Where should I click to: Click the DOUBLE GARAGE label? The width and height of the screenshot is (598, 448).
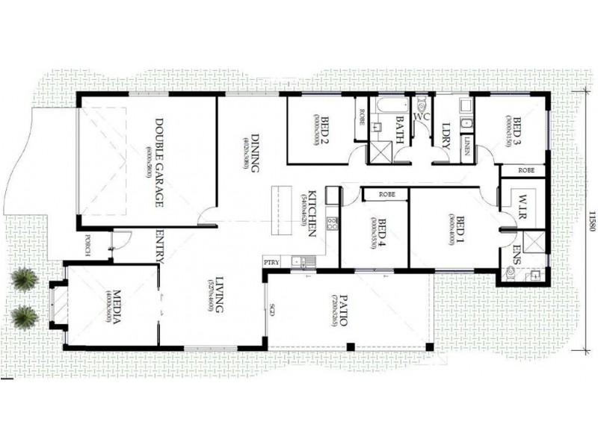pyautogui.click(x=159, y=156)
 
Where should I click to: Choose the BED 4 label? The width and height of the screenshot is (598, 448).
pyautogui.click(x=382, y=232)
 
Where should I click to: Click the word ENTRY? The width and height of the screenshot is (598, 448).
pyautogui.click(x=160, y=246)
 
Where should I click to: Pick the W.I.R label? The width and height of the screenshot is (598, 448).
pyautogui.click(x=522, y=204)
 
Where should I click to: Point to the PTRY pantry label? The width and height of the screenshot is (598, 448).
pyautogui.click(x=271, y=262)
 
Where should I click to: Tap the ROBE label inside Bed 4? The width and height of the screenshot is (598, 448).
pyautogui.click(x=386, y=194)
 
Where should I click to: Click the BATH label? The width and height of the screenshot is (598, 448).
pyautogui.click(x=399, y=128)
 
